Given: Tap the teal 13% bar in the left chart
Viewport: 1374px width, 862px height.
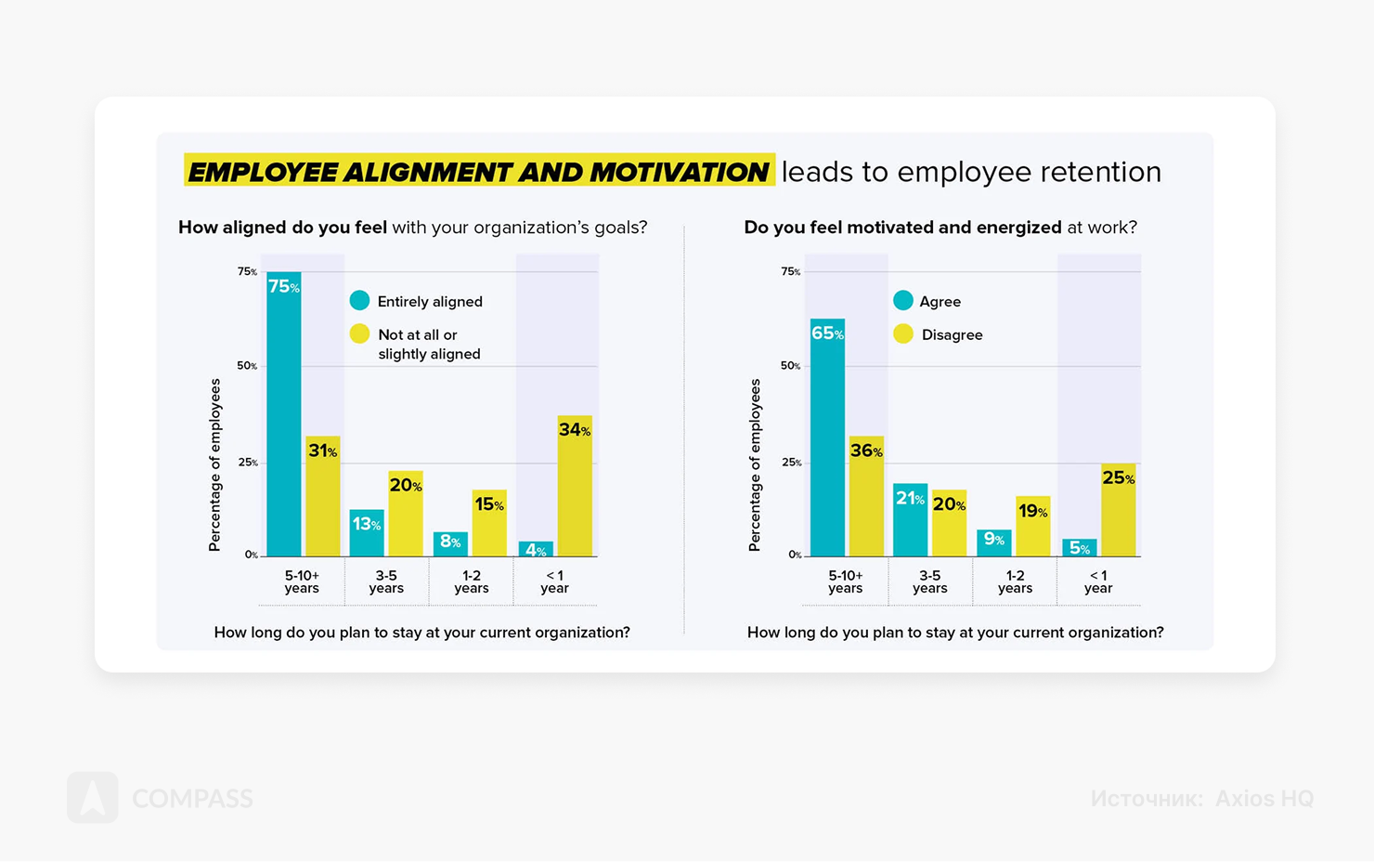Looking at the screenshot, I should [x=367, y=533].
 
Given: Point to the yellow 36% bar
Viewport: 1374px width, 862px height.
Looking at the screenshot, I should [x=866, y=496].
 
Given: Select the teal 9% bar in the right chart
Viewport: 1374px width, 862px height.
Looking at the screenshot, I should [x=993, y=543].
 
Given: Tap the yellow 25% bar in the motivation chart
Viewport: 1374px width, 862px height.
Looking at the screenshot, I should [x=1118, y=510].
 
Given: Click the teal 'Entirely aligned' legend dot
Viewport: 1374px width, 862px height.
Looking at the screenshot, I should [x=359, y=301].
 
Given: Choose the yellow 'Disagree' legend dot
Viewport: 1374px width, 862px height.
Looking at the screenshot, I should [x=903, y=334].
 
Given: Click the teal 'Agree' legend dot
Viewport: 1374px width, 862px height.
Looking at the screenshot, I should [x=903, y=301].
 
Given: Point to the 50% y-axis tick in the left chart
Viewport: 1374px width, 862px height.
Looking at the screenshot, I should [x=247, y=366].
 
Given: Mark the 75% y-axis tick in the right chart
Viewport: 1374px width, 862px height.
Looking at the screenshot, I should [x=790, y=272].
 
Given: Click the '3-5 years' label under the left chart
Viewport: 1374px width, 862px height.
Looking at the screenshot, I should [x=386, y=581].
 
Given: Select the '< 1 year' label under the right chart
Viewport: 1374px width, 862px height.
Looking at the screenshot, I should [x=1098, y=581].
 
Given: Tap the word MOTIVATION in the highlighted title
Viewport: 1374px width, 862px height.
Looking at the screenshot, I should [x=679, y=172].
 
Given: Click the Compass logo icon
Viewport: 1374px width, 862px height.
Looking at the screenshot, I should [x=93, y=798].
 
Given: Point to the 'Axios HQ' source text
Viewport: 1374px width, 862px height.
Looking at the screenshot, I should [x=1264, y=799].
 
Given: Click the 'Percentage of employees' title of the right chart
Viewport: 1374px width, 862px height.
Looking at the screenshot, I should [x=755, y=464].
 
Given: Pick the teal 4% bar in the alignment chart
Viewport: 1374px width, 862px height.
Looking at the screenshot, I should [x=536, y=549].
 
